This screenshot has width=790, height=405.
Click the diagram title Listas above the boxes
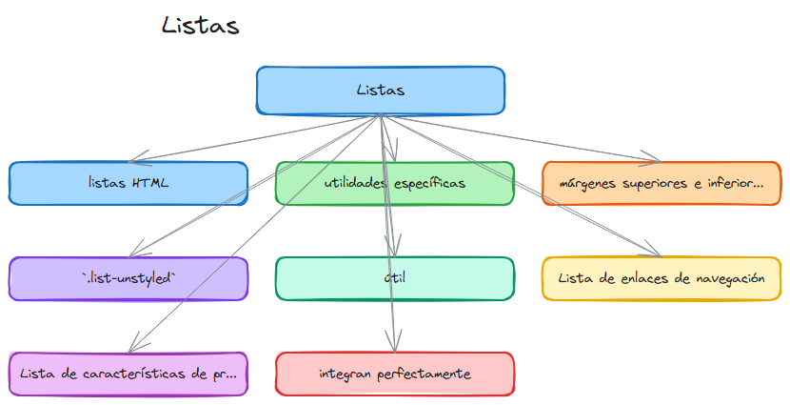pyautogui.click(x=200, y=26)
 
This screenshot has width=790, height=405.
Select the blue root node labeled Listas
pyautogui.click(x=381, y=91)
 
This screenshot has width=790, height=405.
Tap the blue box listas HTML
pyautogui.click(x=128, y=183)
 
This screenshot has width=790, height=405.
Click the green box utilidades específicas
pyautogui.click(x=394, y=183)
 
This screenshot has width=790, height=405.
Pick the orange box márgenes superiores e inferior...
pyautogui.click(x=661, y=183)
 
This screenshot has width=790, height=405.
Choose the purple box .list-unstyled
pyautogui.click(x=128, y=278)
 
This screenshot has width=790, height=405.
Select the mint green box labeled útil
pyautogui.click(x=394, y=278)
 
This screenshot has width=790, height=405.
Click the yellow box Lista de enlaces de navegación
pyautogui.click(x=661, y=278)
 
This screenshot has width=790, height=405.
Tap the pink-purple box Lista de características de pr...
pyautogui.click(x=128, y=374)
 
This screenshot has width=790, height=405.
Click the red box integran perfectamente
pyautogui.click(x=394, y=374)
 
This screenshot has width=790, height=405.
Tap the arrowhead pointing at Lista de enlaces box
pyautogui.click(x=653, y=253)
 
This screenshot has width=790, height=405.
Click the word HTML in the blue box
pyautogui.click(x=152, y=183)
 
